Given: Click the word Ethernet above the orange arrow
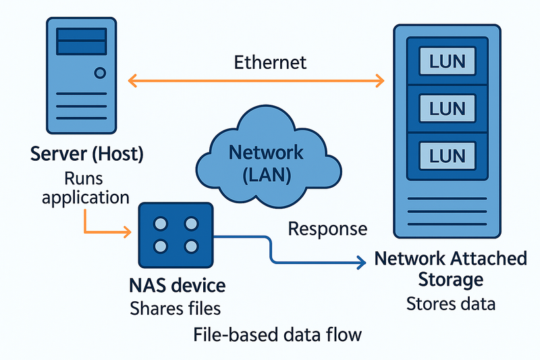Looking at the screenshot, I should point(270,63).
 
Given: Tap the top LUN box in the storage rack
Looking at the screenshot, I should point(447,61).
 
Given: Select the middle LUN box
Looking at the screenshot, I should point(447,107).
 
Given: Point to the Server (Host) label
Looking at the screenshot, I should point(87,154).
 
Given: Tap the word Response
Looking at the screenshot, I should point(327,228).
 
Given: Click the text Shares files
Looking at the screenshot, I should point(175,309).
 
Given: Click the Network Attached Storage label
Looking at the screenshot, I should point(450,268).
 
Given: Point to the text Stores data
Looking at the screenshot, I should point(451,303).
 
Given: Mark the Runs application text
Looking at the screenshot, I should point(86,188).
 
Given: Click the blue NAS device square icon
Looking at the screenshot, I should point(175,234).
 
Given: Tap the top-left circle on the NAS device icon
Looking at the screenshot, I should point(161,223).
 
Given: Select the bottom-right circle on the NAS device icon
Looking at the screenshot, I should point(191,246).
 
